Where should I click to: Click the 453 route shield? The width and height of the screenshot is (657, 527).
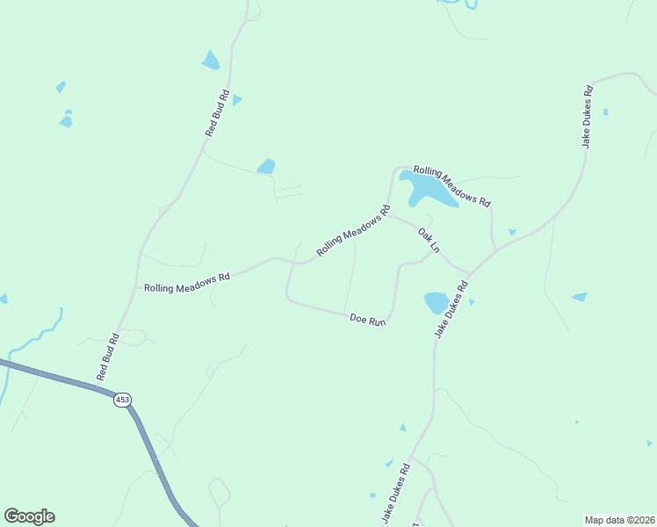[x=122, y=400]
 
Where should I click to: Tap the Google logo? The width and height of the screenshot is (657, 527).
[x=29, y=516]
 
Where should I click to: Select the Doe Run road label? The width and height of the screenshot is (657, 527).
[x=368, y=321]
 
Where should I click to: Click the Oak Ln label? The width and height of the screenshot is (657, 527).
[x=428, y=240]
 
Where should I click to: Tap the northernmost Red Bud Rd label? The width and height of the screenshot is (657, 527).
[x=217, y=112]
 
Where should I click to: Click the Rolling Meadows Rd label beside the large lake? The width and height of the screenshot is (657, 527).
[x=451, y=186]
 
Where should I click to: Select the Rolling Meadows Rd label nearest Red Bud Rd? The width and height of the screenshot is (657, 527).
[x=187, y=282]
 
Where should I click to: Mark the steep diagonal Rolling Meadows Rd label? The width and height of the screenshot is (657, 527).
[x=353, y=231]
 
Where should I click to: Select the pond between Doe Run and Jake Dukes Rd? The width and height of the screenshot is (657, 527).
[x=436, y=303]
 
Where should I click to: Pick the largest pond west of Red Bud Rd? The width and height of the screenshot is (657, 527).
[x=211, y=61]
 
